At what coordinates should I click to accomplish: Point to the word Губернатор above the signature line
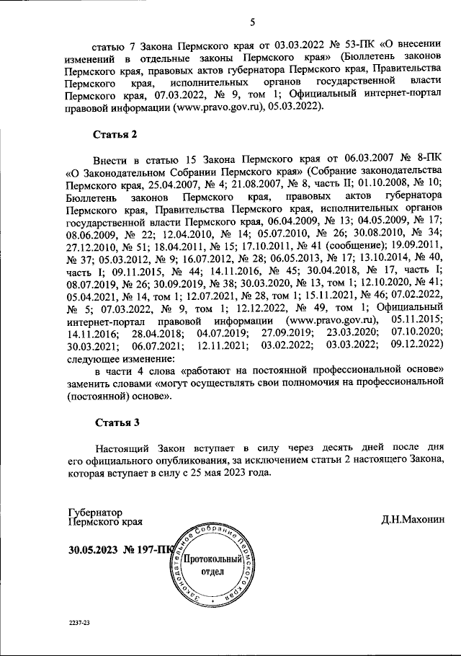click(95, 510)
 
